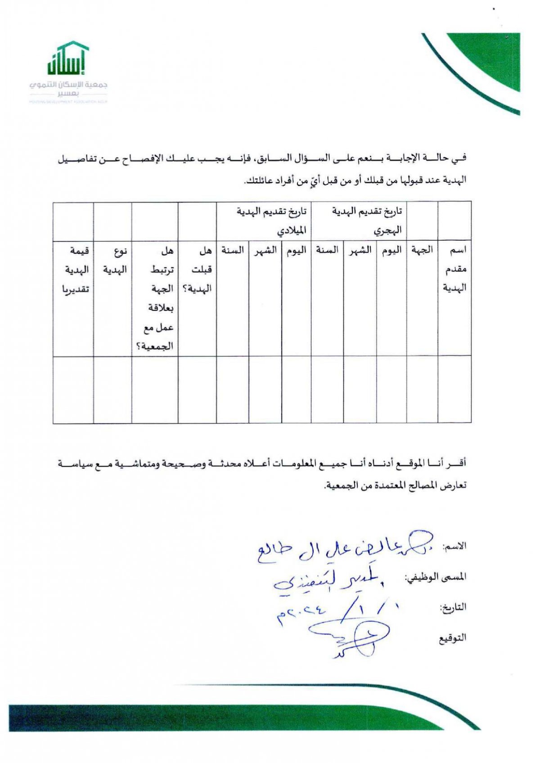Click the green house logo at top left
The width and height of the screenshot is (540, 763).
[67, 58]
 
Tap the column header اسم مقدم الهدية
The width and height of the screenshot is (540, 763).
[454, 269]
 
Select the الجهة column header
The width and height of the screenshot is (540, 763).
[422, 250]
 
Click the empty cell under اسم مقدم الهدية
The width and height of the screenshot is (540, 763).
[454, 389]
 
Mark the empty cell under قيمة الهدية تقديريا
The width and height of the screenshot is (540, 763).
[73, 389]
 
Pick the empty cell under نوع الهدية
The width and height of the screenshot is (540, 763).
[112, 389]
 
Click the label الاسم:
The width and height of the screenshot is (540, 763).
[454, 547]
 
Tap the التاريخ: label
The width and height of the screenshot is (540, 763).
[453, 607]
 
